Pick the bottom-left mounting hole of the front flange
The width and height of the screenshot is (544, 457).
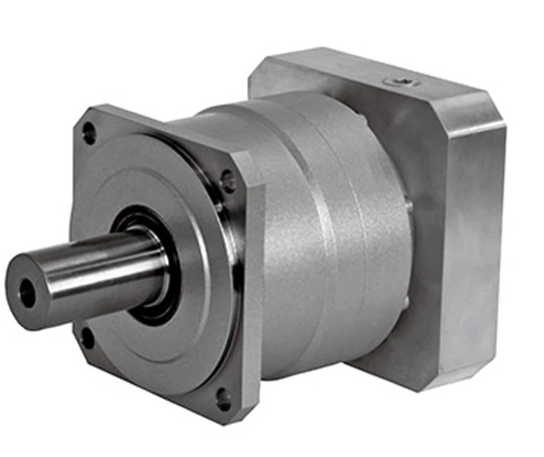pyautogui.click(x=87, y=339)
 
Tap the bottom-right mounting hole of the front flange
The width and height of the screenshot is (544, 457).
pyautogui.click(x=223, y=400)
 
